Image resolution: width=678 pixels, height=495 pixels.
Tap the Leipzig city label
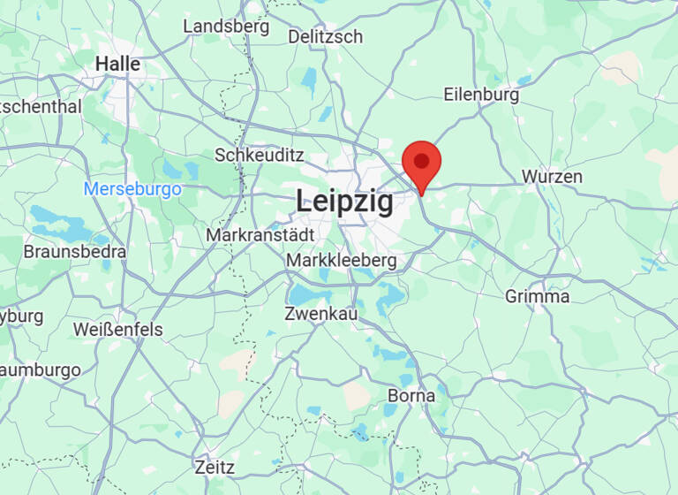click(x=344, y=200)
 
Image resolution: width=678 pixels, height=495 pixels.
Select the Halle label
click(x=117, y=64)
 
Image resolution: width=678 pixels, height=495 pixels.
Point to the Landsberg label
click(x=225, y=27)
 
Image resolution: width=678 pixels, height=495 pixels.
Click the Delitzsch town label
click(x=326, y=36)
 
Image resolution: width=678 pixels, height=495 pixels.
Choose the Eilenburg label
click(x=481, y=95)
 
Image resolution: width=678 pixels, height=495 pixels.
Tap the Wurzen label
click(x=552, y=177)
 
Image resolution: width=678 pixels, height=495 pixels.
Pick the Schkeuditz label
click(x=260, y=155)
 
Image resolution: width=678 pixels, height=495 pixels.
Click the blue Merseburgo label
click(x=132, y=189)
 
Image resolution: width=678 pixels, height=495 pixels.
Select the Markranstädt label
click(x=260, y=236)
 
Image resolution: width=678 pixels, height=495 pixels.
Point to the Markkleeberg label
click(x=341, y=261)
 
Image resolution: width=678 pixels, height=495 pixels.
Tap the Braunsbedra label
click(x=74, y=251)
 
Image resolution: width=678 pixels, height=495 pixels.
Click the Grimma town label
click(x=537, y=296)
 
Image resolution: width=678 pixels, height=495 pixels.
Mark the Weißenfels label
click(x=117, y=330)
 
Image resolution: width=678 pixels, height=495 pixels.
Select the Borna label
click(x=411, y=395)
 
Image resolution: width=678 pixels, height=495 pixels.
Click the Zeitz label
click(x=215, y=466)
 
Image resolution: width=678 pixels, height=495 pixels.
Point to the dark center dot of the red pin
click(x=422, y=161)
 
